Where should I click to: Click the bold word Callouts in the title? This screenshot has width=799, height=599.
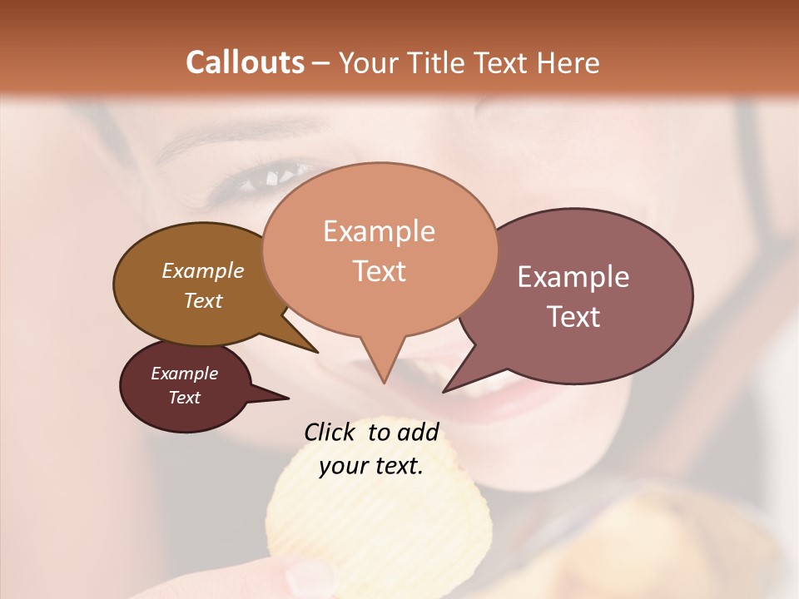[245, 62]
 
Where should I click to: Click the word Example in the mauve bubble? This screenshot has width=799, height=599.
[573, 277]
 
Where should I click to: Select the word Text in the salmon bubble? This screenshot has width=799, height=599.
[380, 271]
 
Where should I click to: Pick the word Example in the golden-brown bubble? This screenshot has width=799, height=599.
[202, 270]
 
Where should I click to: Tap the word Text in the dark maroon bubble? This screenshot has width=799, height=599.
[184, 398]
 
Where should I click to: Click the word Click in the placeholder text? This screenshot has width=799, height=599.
[330, 432]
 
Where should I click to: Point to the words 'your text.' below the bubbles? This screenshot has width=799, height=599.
[371, 466]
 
